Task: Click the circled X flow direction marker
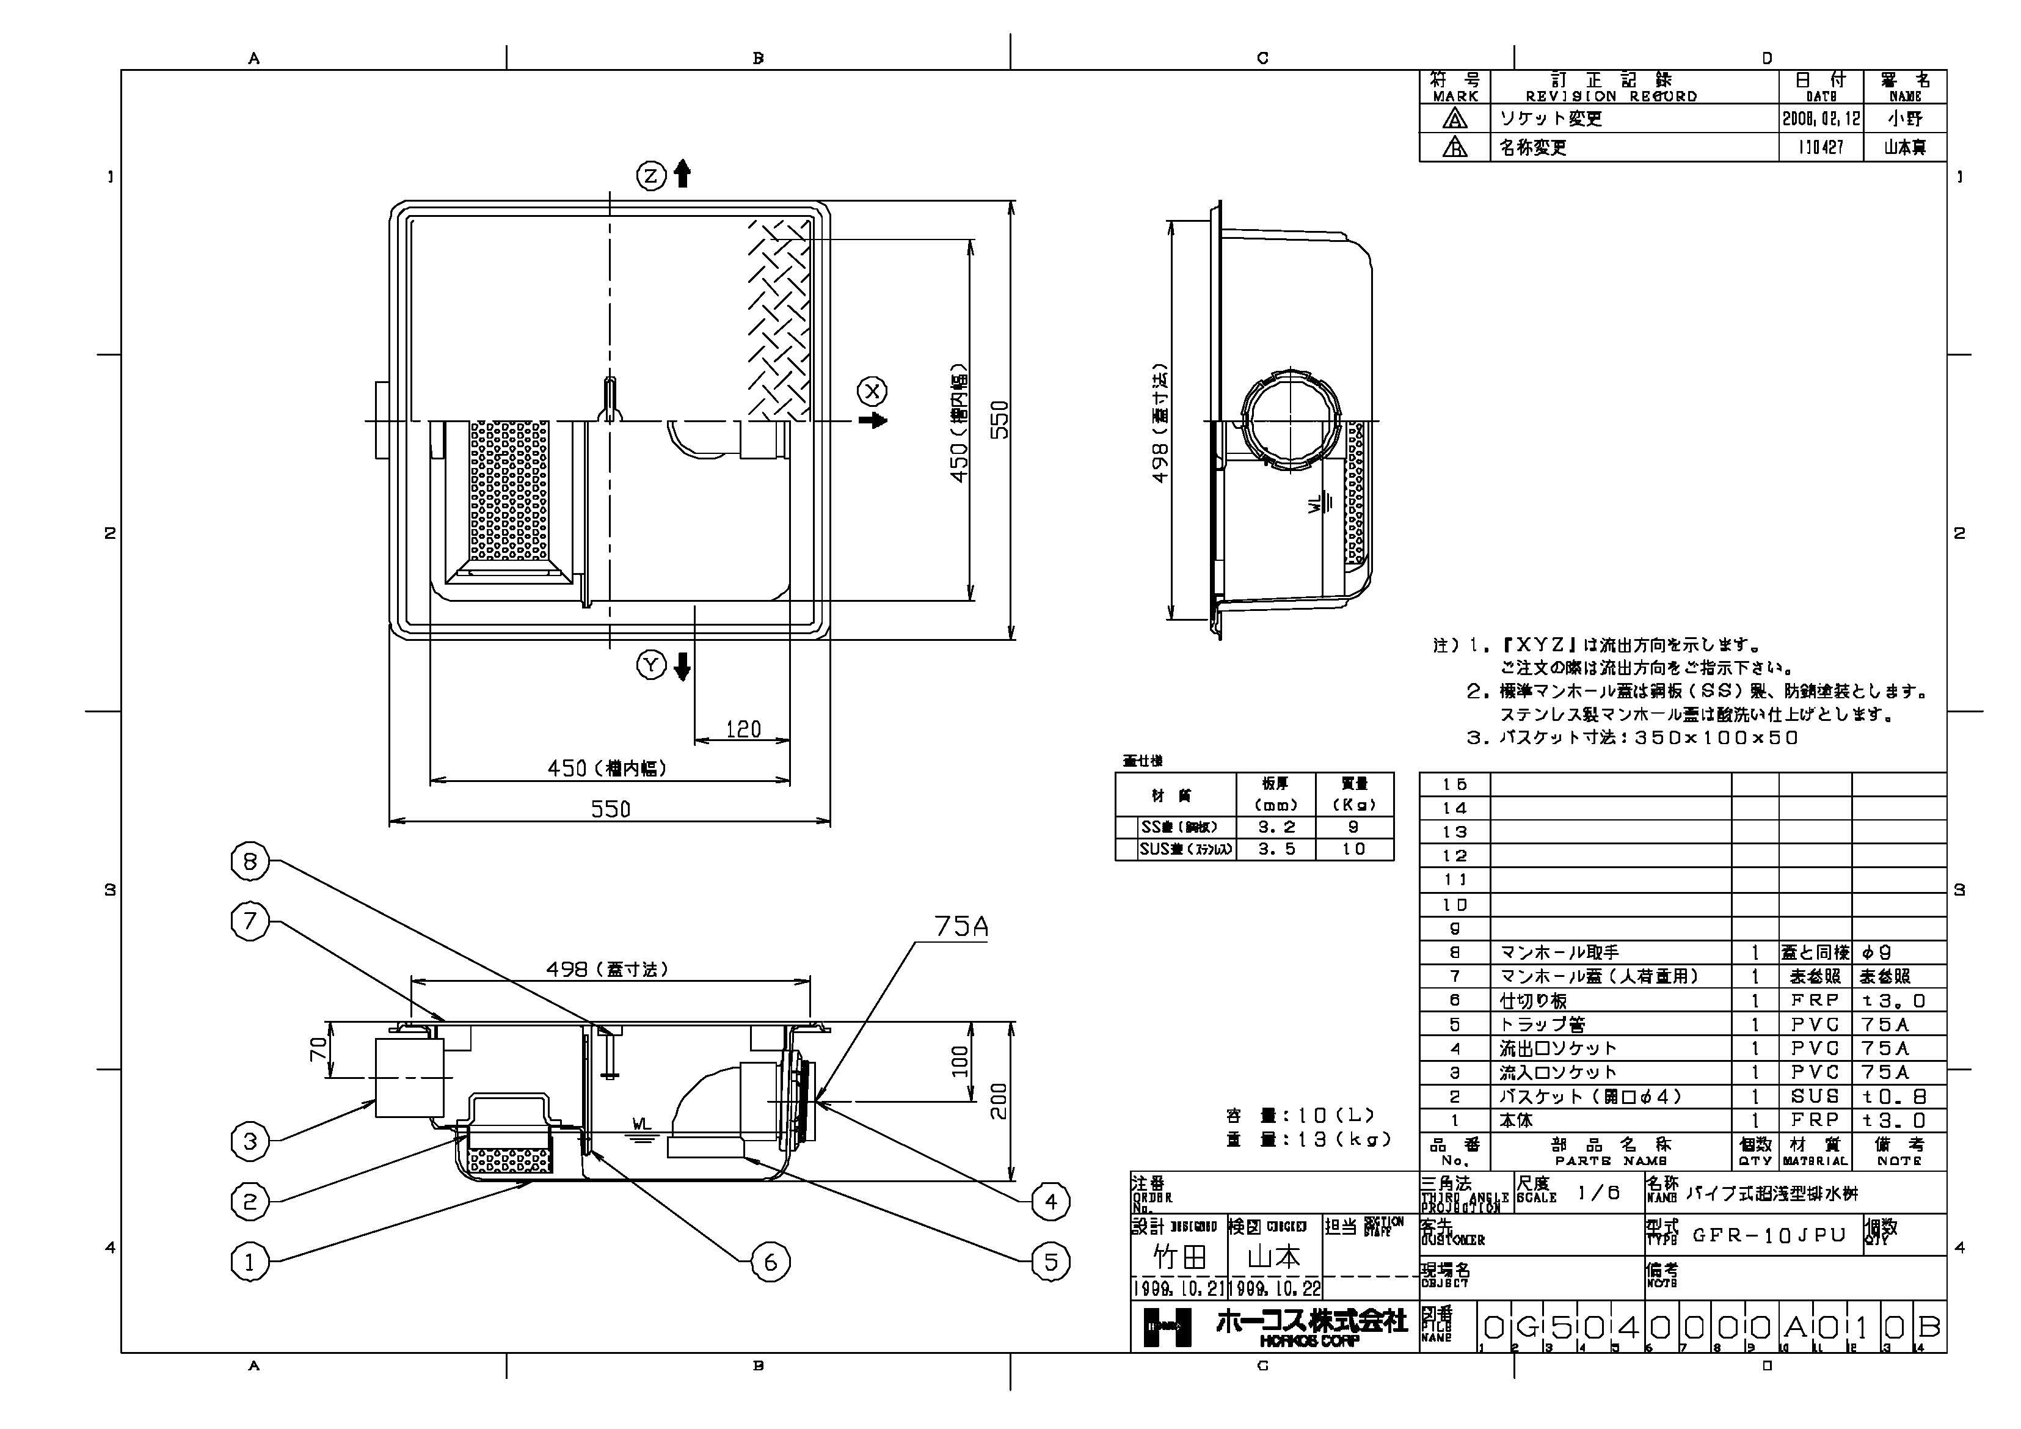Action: click(x=872, y=391)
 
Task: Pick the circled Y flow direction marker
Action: click(x=651, y=666)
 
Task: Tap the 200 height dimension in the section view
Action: click(x=999, y=1100)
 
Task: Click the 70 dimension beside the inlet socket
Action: click(x=319, y=1048)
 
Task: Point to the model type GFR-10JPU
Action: click(x=1769, y=1235)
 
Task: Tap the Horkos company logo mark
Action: click(x=1167, y=1327)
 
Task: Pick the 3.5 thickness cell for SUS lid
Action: click(x=1275, y=849)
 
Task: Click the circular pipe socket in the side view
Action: click(x=1289, y=417)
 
